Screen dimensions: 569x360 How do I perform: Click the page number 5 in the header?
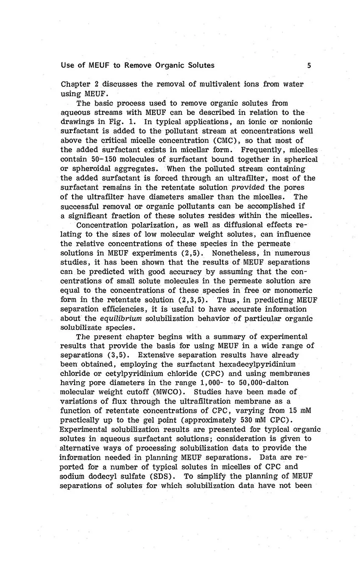(x=309, y=65)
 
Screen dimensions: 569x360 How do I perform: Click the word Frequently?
(x=257, y=150)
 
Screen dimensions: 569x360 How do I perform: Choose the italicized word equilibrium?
(x=126, y=318)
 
